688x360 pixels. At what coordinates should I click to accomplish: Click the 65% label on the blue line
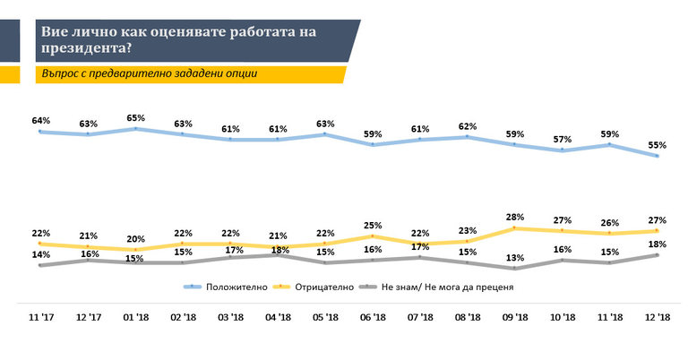pyautogui.click(x=135, y=117)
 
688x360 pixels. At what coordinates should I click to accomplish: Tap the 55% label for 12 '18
pyautogui.click(x=658, y=144)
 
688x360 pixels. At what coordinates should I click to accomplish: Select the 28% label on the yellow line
pyautogui.click(x=515, y=217)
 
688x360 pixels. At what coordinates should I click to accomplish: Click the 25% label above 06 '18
pyautogui.click(x=373, y=225)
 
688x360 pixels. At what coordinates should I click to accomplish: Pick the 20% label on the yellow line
pyautogui.click(x=135, y=238)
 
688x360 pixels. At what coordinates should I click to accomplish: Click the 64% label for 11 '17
pyautogui.click(x=40, y=120)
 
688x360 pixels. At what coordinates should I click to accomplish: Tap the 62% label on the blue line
pyautogui.click(x=468, y=126)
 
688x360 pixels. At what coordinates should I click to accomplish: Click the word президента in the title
pyautogui.click(x=85, y=47)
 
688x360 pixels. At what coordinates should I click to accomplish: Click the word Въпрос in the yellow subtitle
pyautogui.click(x=63, y=73)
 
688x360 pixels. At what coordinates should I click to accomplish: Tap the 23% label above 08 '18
pyautogui.click(x=468, y=230)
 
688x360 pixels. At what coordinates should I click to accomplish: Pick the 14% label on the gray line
pyautogui.click(x=40, y=254)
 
